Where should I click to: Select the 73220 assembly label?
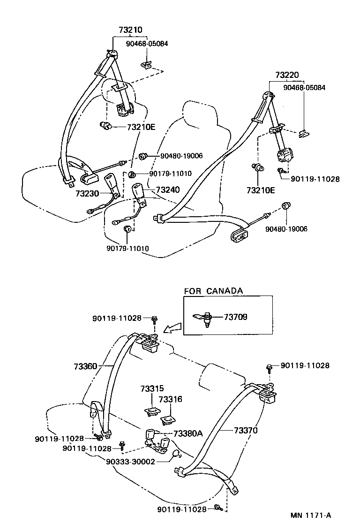[287, 75]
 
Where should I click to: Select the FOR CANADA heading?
[213, 291]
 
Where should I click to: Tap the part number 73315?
[152, 389]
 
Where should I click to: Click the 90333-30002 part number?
[130, 461]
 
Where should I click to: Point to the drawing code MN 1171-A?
[310, 515]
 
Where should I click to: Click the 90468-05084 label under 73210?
[147, 44]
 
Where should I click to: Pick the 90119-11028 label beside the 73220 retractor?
[315, 179]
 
